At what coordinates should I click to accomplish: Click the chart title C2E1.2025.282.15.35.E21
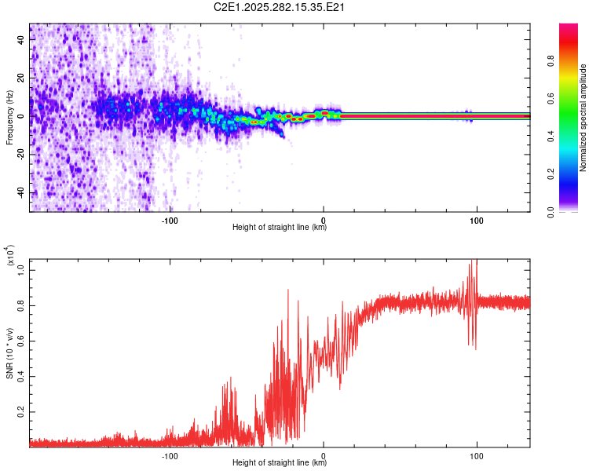pyautogui.click(x=280, y=7)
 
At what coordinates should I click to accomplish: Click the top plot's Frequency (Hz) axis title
pyautogui.click(x=9, y=118)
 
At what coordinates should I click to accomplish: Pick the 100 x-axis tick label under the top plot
pyautogui.click(x=476, y=219)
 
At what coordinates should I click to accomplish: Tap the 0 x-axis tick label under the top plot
pyautogui.click(x=324, y=219)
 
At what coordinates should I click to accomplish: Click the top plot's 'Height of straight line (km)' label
pyautogui.click(x=280, y=228)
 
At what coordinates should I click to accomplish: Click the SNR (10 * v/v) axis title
pyautogui.click(x=9, y=353)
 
